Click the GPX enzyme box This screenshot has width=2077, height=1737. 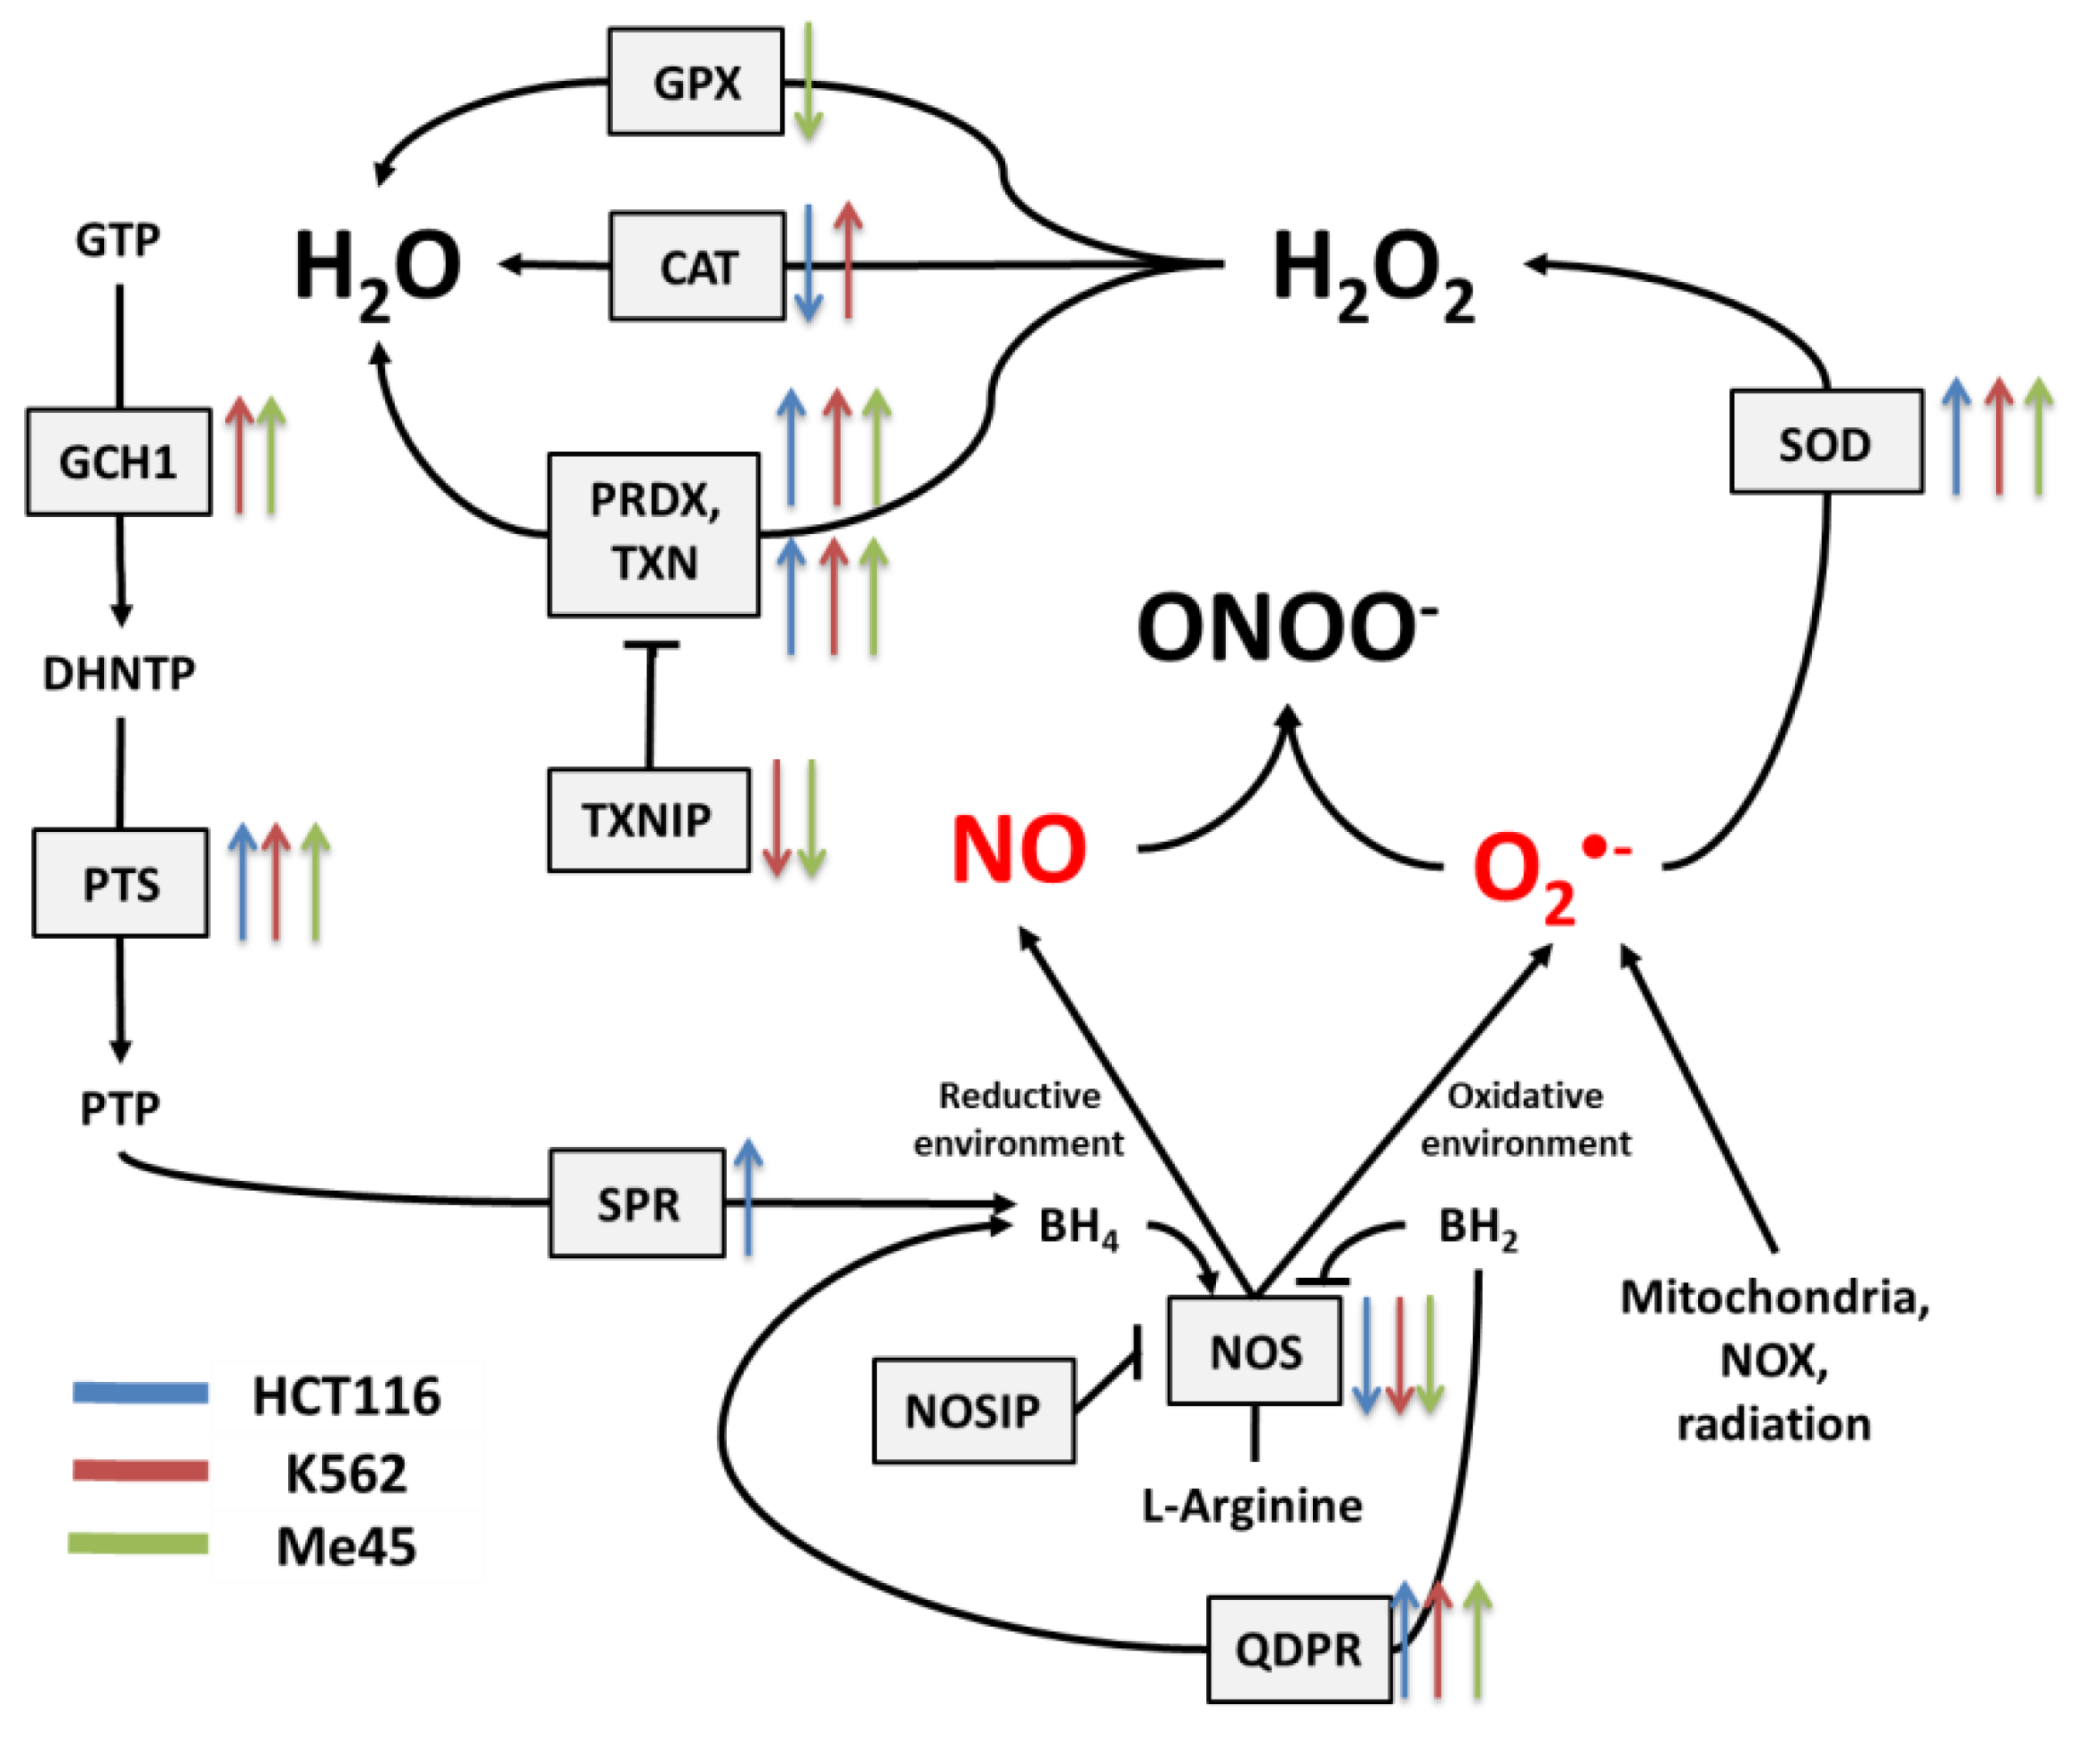click(696, 81)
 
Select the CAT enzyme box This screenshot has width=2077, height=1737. click(697, 266)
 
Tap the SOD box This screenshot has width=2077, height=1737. click(1826, 442)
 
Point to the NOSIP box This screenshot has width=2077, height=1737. click(972, 1410)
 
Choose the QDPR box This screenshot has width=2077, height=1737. click(1299, 1648)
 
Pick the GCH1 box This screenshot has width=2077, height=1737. click(118, 461)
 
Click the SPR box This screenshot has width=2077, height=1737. click(637, 1203)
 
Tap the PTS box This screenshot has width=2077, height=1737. click(121, 883)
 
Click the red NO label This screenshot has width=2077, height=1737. click(1018, 849)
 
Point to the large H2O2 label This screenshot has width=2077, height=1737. click(1373, 272)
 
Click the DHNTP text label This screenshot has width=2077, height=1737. click(118, 673)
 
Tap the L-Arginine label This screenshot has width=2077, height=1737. click(1252, 1506)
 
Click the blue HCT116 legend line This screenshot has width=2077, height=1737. click(141, 1392)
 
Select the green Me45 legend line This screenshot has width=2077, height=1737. click(139, 1543)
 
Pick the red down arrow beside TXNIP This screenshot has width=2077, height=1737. click(777, 817)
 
